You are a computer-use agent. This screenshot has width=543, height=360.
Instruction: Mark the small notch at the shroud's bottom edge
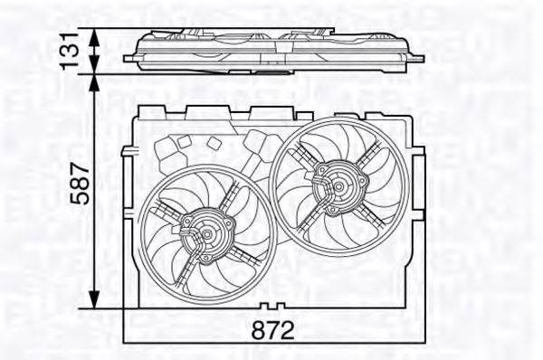(x=272, y=306)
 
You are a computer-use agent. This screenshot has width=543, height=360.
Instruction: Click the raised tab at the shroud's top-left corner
(x=145, y=111)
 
